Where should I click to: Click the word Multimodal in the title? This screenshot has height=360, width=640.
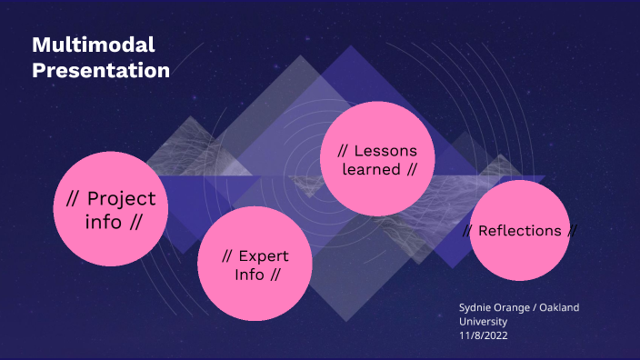[94, 45]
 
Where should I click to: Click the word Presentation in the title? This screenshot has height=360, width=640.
[101, 70]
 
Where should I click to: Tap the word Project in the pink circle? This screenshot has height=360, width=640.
[122, 199]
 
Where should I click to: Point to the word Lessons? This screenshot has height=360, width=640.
[385, 150]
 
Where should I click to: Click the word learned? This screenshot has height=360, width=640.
[372, 169]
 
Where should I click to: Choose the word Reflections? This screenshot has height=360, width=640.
[519, 231]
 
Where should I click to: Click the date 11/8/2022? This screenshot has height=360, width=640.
[483, 336]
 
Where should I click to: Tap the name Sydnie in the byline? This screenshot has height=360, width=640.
[477, 307]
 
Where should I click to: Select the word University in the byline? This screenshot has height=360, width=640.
[483, 322]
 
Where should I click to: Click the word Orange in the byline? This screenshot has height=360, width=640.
[515, 307]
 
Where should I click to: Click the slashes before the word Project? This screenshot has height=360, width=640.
[74, 199]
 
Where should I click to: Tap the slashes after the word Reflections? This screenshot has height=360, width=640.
[572, 231]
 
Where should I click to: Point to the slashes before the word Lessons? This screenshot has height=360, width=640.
[343, 150]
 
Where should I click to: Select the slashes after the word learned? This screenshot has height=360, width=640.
[412, 169]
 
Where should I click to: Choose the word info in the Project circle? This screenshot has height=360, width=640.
[103, 222]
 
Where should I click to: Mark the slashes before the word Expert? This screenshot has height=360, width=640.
[230, 255]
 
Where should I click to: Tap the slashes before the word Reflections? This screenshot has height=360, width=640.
[467, 231]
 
